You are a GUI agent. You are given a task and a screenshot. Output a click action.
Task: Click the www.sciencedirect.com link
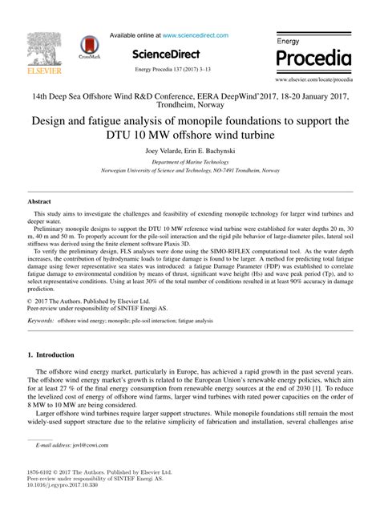point(196,35)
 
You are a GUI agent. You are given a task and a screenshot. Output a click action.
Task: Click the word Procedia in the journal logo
point(313,59)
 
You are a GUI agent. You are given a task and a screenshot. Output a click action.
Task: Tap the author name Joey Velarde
point(166,151)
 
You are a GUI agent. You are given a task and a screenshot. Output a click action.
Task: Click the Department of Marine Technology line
point(190,161)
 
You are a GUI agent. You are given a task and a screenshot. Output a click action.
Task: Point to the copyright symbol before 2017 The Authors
point(29,278)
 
